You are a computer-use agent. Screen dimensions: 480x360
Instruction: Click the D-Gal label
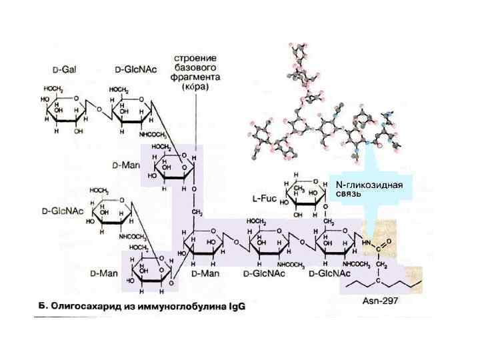(64, 69)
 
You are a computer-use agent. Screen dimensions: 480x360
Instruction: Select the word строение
(193, 61)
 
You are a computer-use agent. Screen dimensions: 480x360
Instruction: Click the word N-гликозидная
(369, 185)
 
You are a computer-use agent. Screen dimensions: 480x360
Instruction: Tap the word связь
(348, 194)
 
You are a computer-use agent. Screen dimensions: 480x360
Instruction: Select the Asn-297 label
(380, 301)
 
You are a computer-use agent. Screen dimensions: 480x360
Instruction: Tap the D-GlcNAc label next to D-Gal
(131, 69)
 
